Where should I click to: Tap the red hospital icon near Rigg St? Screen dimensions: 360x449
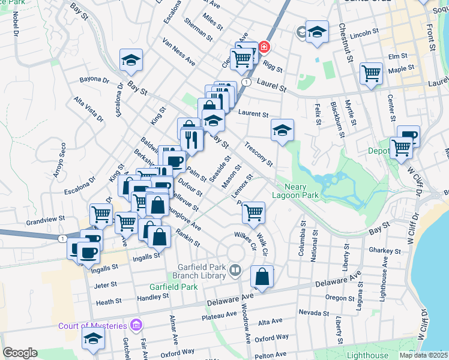(x=264, y=47)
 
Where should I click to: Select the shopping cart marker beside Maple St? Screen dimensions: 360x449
(x=372, y=74)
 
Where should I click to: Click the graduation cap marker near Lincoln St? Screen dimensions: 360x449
(x=317, y=32)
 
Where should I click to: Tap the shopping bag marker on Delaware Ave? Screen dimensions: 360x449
(x=262, y=277)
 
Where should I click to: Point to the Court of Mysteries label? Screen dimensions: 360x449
(x=92, y=326)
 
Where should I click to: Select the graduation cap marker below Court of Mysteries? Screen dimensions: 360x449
(x=93, y=340)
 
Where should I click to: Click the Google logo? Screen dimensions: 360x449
(x=20, y=353)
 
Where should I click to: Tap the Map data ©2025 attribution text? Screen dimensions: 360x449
(x=423, y=355)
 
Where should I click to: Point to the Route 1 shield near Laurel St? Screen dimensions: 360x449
(x=246, y=81)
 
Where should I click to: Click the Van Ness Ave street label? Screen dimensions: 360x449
(x=179, y=52)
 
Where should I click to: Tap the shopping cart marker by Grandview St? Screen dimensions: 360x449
(x=101, y=213)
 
